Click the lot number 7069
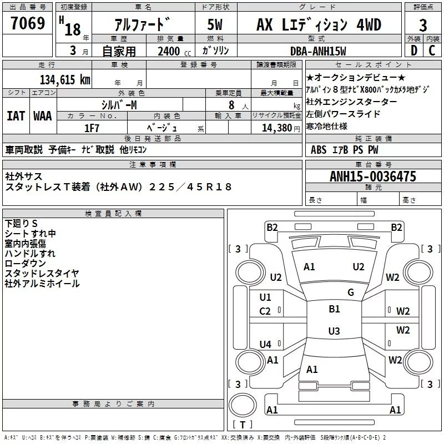click(x=28, y=23)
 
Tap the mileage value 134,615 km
click(x=65, y=79)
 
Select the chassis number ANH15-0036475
click(x=373, y=176)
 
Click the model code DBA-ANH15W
click(x=318, y=51)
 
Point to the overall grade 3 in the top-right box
click(x=423, y=26)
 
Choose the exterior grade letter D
click(x=414, y=51)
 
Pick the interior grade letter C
click(x=432, y=51)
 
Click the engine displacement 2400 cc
click(x=174, y=51)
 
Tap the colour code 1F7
click(x=92, y=128)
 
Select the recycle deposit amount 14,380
click(x=276, y=128)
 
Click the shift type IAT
click(x=16, y=116)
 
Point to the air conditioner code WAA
click(x=43, y=116)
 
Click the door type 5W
click(x=215, y=24)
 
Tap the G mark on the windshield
click(x=351, y=292)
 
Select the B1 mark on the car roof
click(x=334, y=309)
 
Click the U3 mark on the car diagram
click(x=334, y=331)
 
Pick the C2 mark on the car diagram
click(x=265, y=311)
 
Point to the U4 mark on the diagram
click(x=265, y=344)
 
